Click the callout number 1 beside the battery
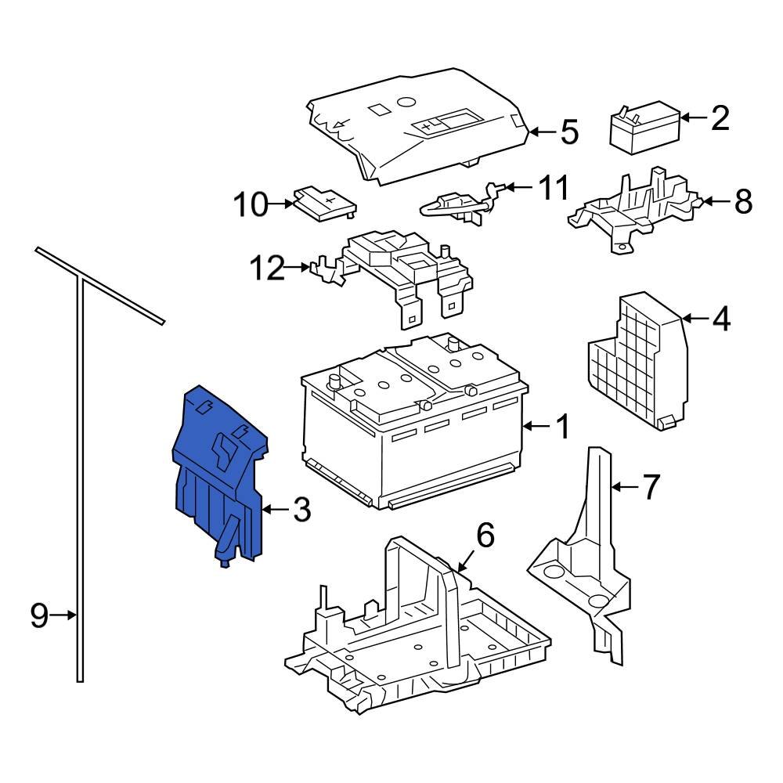[561, 427]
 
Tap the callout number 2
[719, 118]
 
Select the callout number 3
[301, 511]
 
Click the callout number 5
[568, 132]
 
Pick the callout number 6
[485, 536]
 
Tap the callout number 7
[651, 487]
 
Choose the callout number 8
[742, 201]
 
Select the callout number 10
[251, 205]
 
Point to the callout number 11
[553, 188]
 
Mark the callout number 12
[267, 269]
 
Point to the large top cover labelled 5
[415, 129]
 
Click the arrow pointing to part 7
[625, 487]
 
